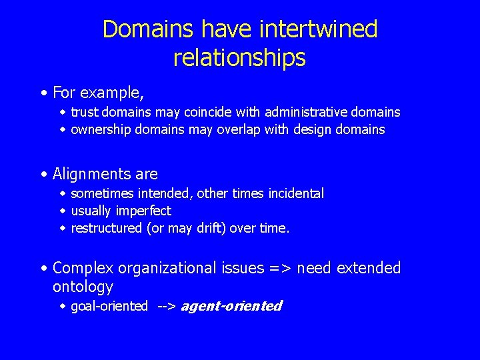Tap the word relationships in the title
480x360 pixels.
(239, 58)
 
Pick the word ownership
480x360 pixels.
(101, 129)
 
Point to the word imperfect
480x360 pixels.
(143, 211)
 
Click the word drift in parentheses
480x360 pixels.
(213, 228)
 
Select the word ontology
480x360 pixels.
(83, 287)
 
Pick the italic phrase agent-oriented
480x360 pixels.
(231, 306)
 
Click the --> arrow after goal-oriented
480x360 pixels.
(166, 307)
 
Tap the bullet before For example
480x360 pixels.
(43, 91)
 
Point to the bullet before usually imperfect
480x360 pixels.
(63, 211)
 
